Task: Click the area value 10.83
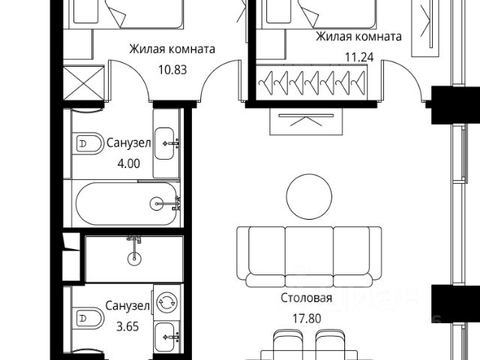click(x=172, y=70)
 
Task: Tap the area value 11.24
click(x=359, y=57)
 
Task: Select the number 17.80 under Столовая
click(x=307, y=319)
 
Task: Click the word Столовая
click(x=307, y=298)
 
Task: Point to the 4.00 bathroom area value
click(x=128, y=163)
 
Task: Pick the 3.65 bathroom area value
click(x=127, y=327)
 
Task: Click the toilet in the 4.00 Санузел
click(x=87, y=143)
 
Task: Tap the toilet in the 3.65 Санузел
click(x=87, y=318)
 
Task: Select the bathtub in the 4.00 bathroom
click(x=126, y=204)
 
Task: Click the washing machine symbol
click(x=166, y=302)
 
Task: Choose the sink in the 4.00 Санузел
click(x=164, y=143)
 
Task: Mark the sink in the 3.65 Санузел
click(x=164, y=337)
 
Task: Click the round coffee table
click(x=309, y=196)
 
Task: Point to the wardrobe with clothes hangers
click(x=312, y=82)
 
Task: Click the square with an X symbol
click(x=84, y=82)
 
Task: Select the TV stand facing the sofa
click(x=307, y=121)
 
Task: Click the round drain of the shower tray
click(x=134, y=259)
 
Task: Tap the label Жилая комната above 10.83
click(x=172, y=49)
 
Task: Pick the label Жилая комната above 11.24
click(x=358, y=37)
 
